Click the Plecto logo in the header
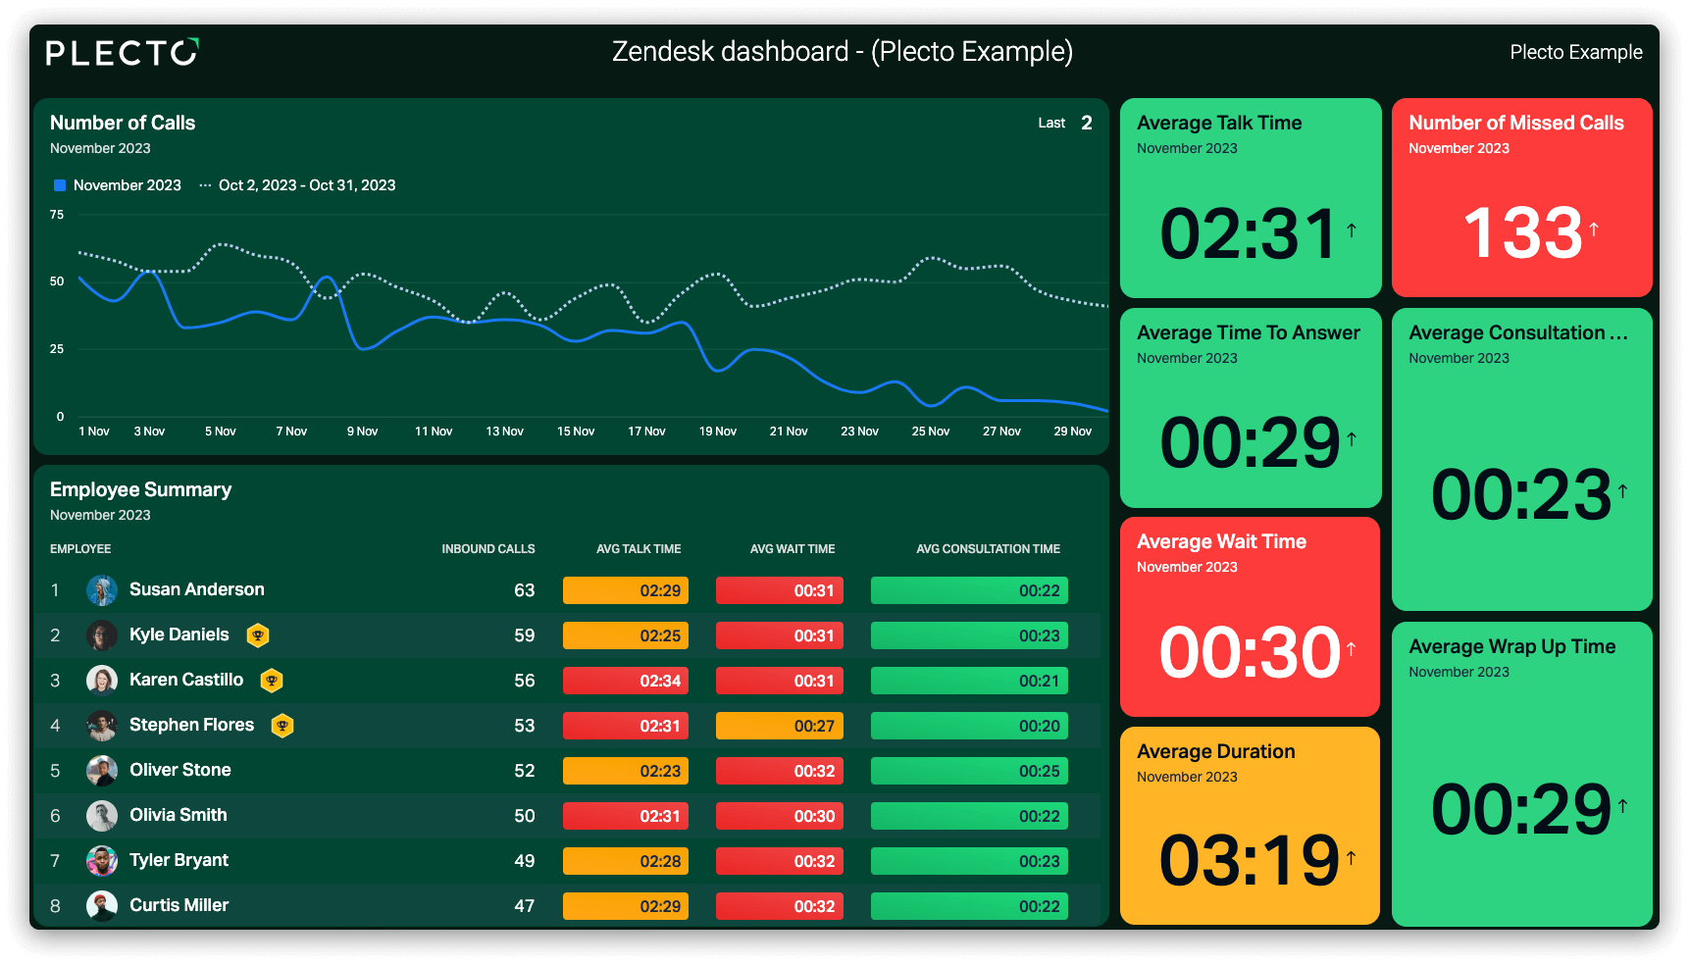click(x=123, y=52)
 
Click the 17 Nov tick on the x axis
click(x=646, y=431)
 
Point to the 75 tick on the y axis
click(x=57, y=215)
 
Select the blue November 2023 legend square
click(x=60, y=185)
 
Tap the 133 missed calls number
click(x=1522, y=233)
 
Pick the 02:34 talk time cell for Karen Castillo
click(x=626, y=681)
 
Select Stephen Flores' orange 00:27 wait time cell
click(x=780, y=726)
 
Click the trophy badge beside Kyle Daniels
click(x=258, y=635)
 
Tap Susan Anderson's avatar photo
click(x=102, y=590)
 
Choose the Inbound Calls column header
click(x=488, y=549)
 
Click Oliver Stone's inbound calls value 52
click(x=525, y=771)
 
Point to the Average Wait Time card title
click(x=1221, y=541)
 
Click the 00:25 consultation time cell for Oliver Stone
click(x=969, y=771)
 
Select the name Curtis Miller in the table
click(x=179, y=905)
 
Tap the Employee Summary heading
click(x=141, y=489)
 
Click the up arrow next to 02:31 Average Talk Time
click(x=1352, y=229)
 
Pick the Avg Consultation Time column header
click(x=989, y=549)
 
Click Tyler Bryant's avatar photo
click(x=102, y=861)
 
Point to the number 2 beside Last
click(x=1087, y=123)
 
